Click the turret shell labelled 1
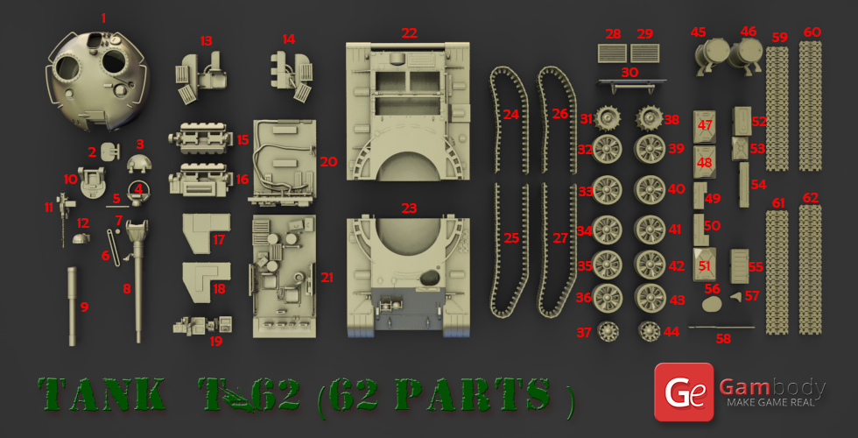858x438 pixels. coord(98,79)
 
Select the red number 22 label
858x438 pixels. coord(410,33)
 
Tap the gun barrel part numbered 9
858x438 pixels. coord(73,306)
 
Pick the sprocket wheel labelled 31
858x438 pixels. coord(606,118)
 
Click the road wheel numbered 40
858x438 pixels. coord(650,189)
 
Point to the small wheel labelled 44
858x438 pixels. coord(650,331)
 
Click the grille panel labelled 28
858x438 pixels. coord(613,53)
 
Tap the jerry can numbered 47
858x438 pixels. coord(704,127)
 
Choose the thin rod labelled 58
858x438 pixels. coord(721,328)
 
